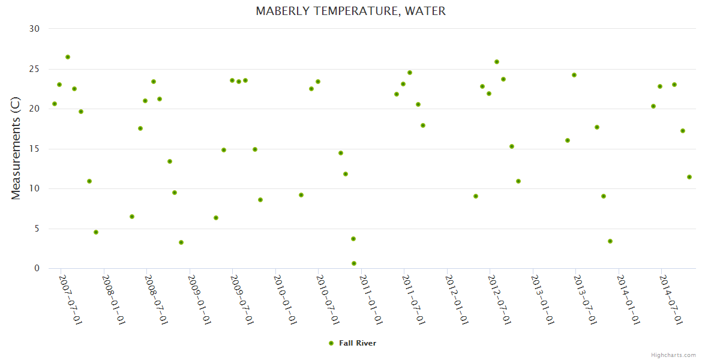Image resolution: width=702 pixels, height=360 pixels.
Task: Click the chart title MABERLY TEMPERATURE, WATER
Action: (x=350, y=11)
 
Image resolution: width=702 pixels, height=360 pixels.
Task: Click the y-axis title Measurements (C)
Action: (x=16, y=149)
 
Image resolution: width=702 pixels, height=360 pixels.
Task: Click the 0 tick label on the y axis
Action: (x=37, y=268)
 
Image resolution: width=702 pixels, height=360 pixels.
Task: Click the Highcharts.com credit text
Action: (x=673, y=355)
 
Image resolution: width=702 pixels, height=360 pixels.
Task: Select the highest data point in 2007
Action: (x=68, y=57)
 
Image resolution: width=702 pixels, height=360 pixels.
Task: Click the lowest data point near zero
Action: (x=354, y=263)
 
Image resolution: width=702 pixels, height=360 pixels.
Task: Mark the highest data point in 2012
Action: (x=497, y=62)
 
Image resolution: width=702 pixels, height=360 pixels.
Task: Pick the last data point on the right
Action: (x=689, y=177)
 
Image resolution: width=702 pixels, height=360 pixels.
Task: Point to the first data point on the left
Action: (x=55, y=104)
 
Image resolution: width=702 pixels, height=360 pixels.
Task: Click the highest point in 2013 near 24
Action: (x=574, y=75)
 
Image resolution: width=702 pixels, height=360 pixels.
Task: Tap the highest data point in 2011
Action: (x=410, y=73)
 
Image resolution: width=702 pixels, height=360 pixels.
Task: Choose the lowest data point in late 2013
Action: (x=610, y=241)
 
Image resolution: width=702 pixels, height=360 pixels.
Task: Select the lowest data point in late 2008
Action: (x=181, y=242)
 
